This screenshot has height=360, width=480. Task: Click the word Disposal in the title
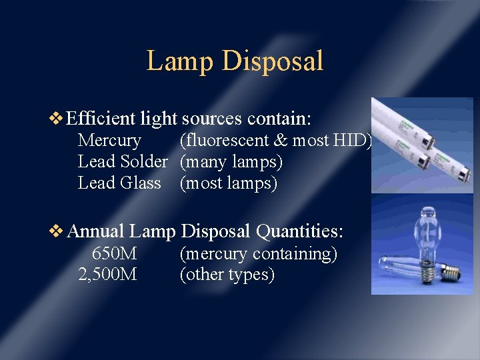(x=273, y=61)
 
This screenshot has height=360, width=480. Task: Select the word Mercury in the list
(x=109, y=141)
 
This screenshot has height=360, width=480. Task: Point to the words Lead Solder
(x=123, y=162)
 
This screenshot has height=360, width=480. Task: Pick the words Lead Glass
(x=119, y=183)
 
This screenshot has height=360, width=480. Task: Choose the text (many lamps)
(x=231, y=162)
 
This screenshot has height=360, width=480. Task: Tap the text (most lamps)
(x=228, y=183)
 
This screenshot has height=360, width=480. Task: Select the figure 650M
(x=114, y=254)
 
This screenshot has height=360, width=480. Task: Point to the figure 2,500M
(x=107, y=275)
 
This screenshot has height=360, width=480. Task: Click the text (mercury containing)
(x=259, y=254)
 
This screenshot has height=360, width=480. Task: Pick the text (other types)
(x=227, y=275)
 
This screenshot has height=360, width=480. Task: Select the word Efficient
(x=101, y=119)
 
